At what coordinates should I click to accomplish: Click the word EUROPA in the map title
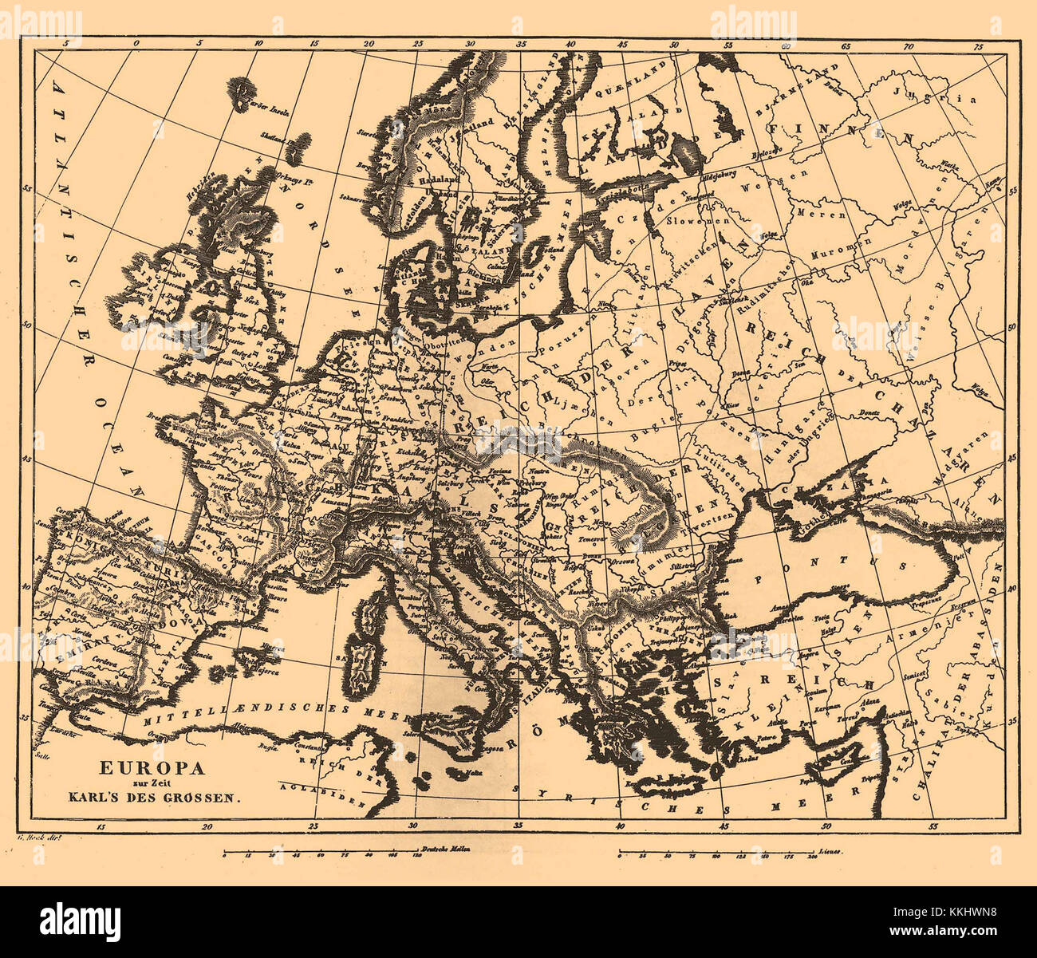coord(152,768)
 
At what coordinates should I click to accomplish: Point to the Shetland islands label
coord(271,138)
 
